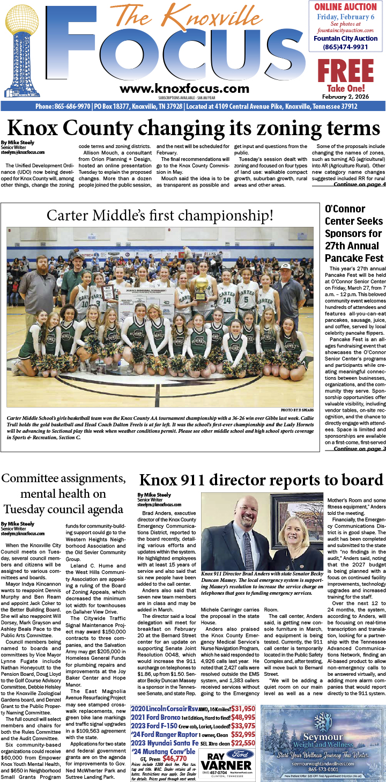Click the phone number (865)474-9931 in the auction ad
point(345,47)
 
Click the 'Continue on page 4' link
point(359,185)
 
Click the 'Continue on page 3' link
point(359,448)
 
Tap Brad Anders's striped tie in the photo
point(248,542)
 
